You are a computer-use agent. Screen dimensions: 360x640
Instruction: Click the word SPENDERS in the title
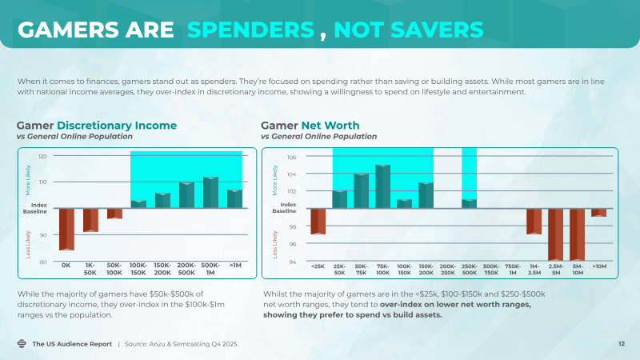(x=250, y=30)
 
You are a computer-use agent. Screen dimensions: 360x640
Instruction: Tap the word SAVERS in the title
(x=438, y=30)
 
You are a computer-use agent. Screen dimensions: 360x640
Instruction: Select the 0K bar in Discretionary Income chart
(x=66, y=229)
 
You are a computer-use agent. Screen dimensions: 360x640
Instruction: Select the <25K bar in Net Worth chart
(x=318, y=222)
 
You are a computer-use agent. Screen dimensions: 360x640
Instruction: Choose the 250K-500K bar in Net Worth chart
(x=469, y=203)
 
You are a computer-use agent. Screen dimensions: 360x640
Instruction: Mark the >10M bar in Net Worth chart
(x=598, y=213)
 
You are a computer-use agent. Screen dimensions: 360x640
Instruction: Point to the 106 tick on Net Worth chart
(x=292, y=157)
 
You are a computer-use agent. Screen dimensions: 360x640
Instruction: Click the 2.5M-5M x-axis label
(x=555, y=269)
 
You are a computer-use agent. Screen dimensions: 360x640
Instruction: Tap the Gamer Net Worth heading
(x=310, y=126)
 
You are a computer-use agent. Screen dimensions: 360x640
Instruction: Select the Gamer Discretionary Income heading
(x=97, y=126)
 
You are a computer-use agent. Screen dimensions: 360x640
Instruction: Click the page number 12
(x=621, y=344)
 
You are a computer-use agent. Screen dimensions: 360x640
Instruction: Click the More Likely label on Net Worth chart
(x=276, y=182)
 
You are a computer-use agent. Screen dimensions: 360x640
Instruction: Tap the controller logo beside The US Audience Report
(x=22, y=344)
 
